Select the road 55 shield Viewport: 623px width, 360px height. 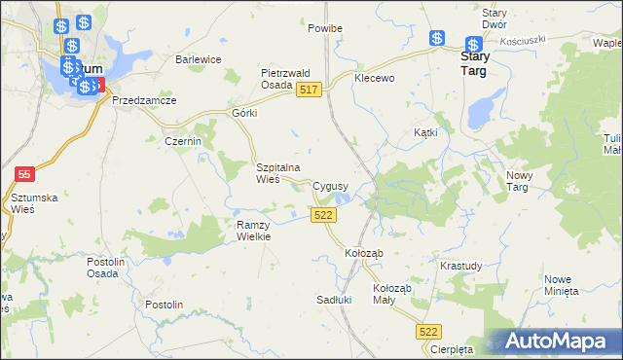(x=26, y=173)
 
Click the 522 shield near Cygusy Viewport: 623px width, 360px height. (x=325, y=215)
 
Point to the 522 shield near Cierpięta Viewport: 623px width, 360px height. (x=429, y=332)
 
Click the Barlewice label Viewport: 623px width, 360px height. (x=199, y=59)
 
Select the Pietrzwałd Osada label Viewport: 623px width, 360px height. (x=284, y=79)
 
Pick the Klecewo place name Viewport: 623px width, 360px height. (x=375, y=77)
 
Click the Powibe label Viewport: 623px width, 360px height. (x=325, y=29)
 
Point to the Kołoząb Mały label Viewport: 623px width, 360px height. (x=393, y=295)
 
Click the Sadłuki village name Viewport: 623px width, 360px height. (x=334, y=300)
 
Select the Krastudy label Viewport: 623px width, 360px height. (x=460, y=266)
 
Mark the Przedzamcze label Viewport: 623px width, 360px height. (x=144, y=100)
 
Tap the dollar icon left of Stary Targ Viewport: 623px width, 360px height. (x=438, y=39)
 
